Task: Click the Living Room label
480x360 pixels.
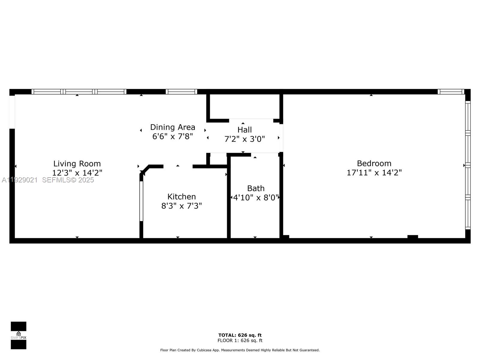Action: pyautogui.click(x=77, y=163)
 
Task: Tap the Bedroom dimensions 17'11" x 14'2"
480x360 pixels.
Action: pyautogui.click(x=374, y=173)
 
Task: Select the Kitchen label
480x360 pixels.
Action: pyautogui.click(x=181, y=196)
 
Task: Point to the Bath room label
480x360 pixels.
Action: pyautogui.click(x=256, y=188)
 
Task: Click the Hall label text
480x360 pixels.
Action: pyautogui.click(x=244, y=130)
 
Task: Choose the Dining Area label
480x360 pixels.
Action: pyautogui.click(x=172, y=127)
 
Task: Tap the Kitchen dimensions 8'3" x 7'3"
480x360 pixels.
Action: pyautogui.click(x=181, y=206)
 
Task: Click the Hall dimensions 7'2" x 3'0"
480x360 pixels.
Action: pyautogui.click(x=244, y=139)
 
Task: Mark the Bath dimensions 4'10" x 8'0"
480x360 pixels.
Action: pyautogui.click(x=256, y=197)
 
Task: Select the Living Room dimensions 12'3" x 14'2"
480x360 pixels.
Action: pyautogui.click(x=77, y=173)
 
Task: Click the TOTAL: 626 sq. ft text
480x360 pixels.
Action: pyautogui.click(x=240, y=335)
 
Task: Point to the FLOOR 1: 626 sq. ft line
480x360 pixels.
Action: pyautogui.click(x=240, y=340)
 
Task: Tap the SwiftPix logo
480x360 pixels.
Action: pyautogui.click(x=19, y=335)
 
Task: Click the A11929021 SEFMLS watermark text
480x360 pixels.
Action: pyautogui.click(x=48, y=180)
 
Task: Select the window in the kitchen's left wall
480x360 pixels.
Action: pyautogui.click(x=141, y=201)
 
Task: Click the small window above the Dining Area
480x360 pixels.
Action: pyautogui.click(x=181, y=92)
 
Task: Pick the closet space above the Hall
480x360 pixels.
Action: pyautogui.click(x=244, y=106)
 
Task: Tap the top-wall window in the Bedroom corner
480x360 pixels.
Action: pyautogui.click(x=451, y=92)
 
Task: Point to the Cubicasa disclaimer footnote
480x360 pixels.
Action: pyautogui.click(x=240, y=350)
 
